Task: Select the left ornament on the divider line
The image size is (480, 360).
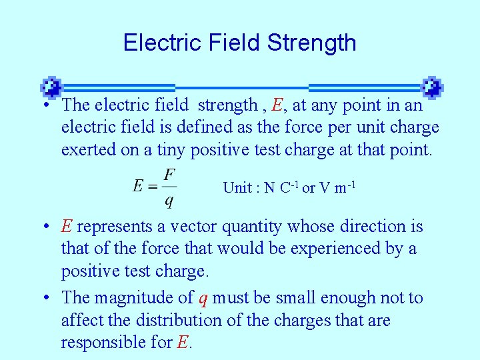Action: coord(51,87)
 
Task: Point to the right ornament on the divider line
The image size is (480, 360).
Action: coord(432,87)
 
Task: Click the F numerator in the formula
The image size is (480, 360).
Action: coord(169,174)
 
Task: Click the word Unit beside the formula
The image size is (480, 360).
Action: coord(237,188)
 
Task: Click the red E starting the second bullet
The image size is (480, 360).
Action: coord(66,227)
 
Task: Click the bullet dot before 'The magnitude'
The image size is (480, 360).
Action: coord(50,298)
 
